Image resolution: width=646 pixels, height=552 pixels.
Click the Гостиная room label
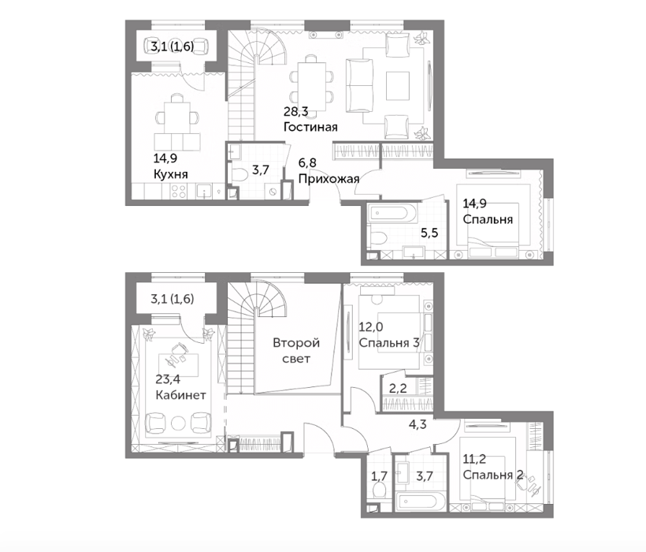[310, 127]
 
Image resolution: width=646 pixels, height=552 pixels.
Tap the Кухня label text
[171, 174]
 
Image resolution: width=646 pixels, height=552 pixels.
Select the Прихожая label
[329, 179]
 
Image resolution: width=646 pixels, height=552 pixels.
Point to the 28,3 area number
[295, 111]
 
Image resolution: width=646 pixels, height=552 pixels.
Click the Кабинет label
[180, 395]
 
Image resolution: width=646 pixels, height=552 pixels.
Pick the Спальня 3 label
[389, 343]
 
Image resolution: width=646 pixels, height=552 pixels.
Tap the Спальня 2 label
[492, 475]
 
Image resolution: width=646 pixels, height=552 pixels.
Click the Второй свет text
[296, 351]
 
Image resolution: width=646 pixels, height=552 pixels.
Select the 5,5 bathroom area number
[429, 233]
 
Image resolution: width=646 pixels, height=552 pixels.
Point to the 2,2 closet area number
[398, 388]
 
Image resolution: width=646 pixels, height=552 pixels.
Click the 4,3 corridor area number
[418, 423]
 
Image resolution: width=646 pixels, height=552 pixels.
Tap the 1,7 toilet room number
[379, 476]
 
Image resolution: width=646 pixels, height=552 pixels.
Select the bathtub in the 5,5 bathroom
[389, 213]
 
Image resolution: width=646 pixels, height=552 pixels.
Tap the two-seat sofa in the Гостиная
[360, 86]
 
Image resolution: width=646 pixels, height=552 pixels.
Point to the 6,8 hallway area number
[307, 162]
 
